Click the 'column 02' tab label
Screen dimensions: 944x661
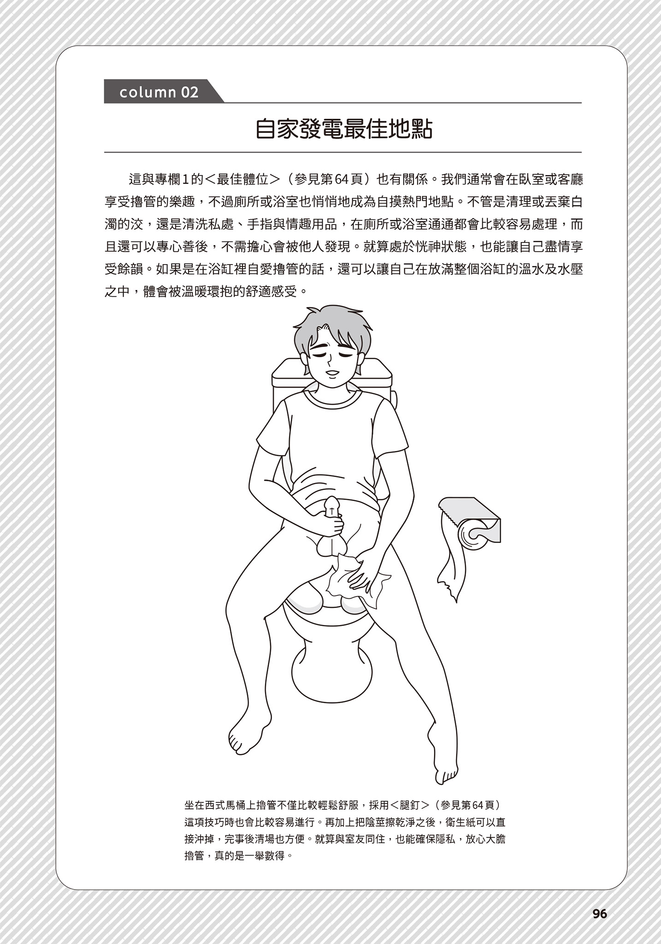159,92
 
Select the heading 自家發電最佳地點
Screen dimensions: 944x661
344,130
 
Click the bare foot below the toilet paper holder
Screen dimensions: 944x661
443,756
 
